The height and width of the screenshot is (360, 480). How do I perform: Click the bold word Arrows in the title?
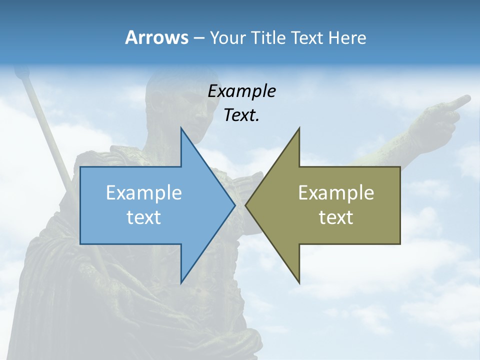[156, 37]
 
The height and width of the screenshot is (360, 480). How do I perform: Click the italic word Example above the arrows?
[241, 91]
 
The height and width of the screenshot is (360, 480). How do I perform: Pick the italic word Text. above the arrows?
[241, 115]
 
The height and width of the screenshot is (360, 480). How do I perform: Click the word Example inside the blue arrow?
[144, 192]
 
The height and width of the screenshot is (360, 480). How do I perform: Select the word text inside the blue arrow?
[144, 217]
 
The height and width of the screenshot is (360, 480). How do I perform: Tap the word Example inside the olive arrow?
[336, 192]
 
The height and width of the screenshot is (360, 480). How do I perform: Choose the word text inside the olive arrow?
[336, 217]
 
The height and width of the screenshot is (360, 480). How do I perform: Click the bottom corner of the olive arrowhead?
[299, 282]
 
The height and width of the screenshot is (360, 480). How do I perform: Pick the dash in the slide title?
[198, 38]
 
